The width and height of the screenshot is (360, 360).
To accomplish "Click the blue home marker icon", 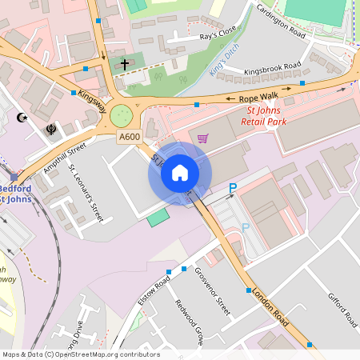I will (180, 173).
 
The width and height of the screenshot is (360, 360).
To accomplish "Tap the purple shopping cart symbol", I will (202, 138).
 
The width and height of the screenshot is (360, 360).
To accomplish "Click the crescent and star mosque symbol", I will (22, 118).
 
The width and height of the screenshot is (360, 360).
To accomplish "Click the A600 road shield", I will (130, 138).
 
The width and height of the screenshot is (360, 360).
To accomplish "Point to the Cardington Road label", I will (281, 22).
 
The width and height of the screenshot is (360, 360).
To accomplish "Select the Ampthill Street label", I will (66, 161).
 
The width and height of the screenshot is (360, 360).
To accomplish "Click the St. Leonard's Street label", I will (86, 193).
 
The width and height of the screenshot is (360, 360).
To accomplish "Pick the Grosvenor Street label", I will (212, 292).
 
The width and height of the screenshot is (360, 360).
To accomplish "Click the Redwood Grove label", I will (190, 322).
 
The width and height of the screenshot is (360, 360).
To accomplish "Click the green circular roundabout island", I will (122, 116).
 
